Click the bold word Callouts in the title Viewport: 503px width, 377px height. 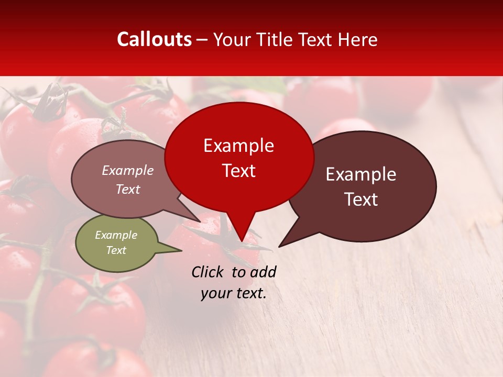pos(154,39)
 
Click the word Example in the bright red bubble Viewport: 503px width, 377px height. pos(238,146)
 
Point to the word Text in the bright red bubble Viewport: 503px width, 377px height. pos(238,171)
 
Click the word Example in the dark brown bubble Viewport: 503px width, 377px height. pos(361,174)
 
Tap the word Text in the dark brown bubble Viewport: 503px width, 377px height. pos(361,199)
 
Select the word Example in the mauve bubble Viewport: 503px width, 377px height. pos(127,170)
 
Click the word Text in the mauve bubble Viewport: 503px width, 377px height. pos(127,189)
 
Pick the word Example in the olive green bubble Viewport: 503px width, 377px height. pos(116,235)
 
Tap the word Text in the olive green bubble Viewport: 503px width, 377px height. pos(116,250)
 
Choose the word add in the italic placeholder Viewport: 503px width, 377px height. pos(263,272)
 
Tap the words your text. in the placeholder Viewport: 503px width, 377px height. pos(233,293)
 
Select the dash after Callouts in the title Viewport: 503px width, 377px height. pos(202,39)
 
